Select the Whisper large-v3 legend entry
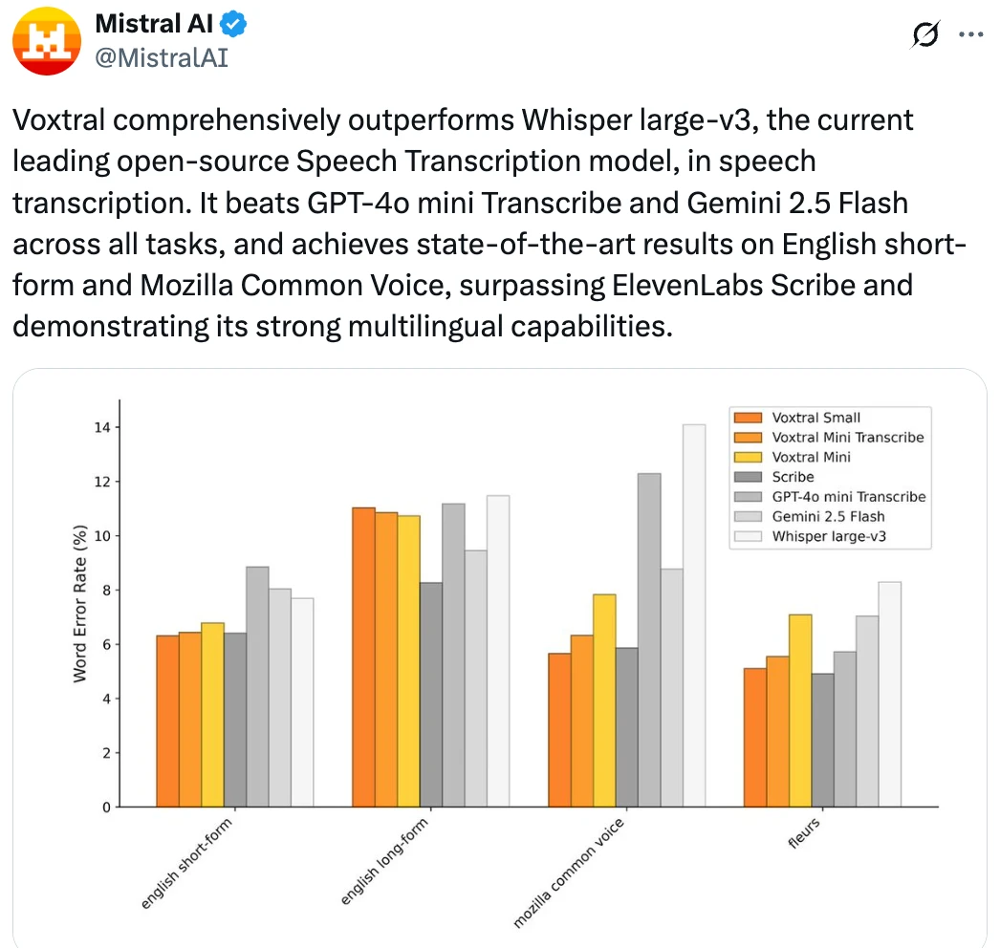[x=827, y=536]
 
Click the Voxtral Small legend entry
[x=815, y=417]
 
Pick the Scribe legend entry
[x=793, y=476]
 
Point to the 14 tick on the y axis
[x=99, y=427]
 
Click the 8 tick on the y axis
[x=103, y=591]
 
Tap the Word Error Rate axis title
[x=80, y=602]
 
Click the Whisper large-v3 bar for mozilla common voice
[x=694, y=615]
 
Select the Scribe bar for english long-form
[x=431, y=694]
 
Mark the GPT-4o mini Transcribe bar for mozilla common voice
[x=649, y=639]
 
